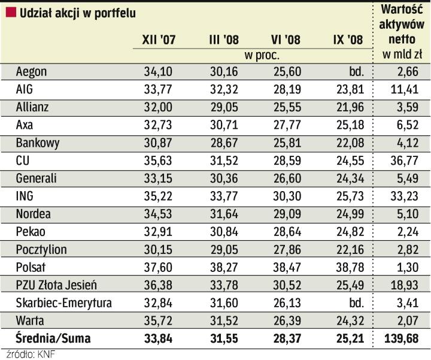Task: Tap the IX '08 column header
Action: click(x=347, y=40)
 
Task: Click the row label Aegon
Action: click(x=32, y=72)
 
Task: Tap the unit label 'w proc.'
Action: click(x=262, y=55)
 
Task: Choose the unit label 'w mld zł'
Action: click(x=402, y=55)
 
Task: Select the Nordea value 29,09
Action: click(x=285, y=214)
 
